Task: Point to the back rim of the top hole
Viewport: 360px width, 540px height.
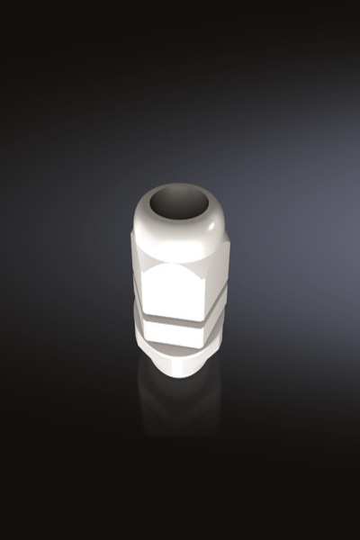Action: tap(178, 187)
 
